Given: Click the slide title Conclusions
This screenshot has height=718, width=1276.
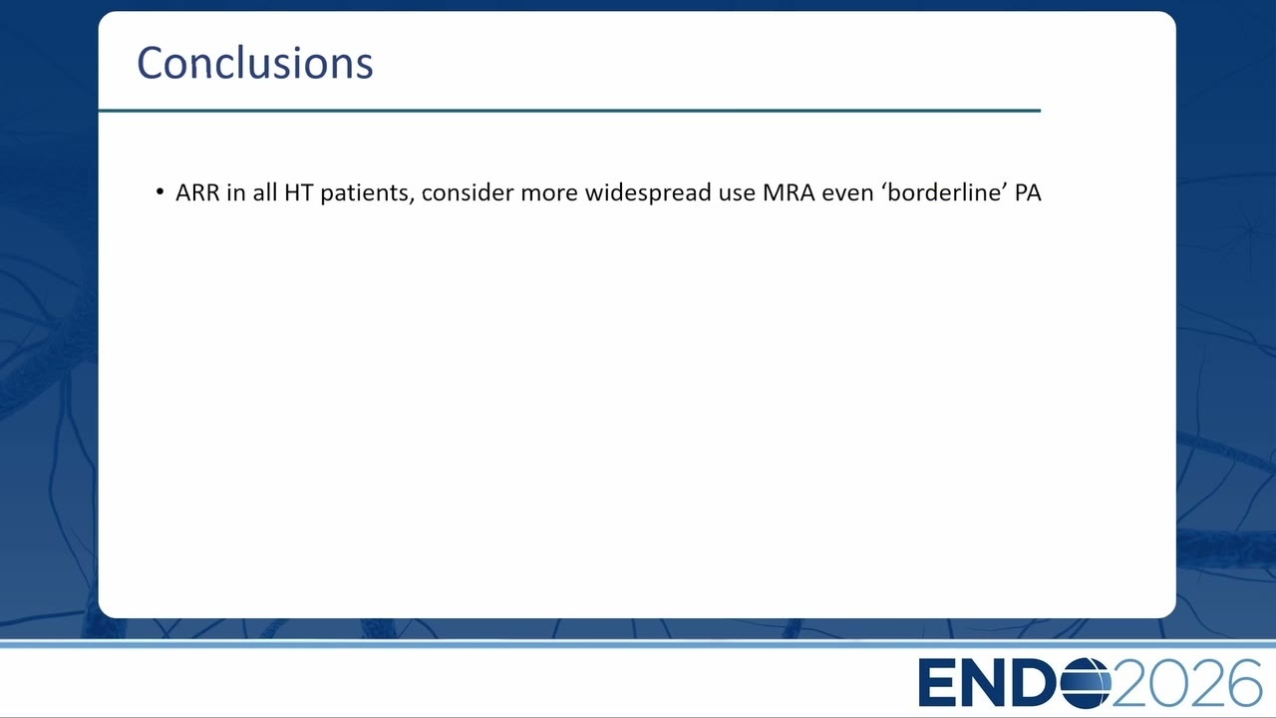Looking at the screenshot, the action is point(254,63).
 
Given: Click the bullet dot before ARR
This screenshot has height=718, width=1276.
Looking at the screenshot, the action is point(159,191).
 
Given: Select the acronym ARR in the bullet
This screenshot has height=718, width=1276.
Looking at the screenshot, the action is point(197,192).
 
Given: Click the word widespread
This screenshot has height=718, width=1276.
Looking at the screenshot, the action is point(648,193).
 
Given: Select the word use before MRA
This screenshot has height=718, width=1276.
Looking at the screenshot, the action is point(737,193).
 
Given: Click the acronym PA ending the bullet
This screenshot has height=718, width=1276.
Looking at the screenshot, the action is point(1028,192).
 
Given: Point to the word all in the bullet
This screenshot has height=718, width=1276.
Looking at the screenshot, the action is point(265,192).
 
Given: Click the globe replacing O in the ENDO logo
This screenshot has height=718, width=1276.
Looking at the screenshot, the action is point(1085,682).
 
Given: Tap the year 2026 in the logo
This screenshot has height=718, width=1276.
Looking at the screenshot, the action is point(1186,683).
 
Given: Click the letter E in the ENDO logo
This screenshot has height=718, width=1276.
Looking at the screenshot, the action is point(938,683).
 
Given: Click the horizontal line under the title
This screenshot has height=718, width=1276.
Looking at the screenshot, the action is point(569,111).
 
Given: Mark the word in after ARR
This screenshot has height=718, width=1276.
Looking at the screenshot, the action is point(236,192).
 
